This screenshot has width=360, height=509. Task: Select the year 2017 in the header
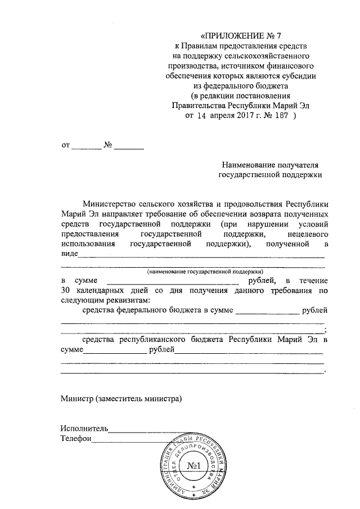pos(242,116)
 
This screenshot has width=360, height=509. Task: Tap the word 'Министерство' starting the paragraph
pos(113,204)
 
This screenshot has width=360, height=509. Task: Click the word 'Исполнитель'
pos(84,428)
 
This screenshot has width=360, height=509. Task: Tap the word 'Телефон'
pos(75,438)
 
